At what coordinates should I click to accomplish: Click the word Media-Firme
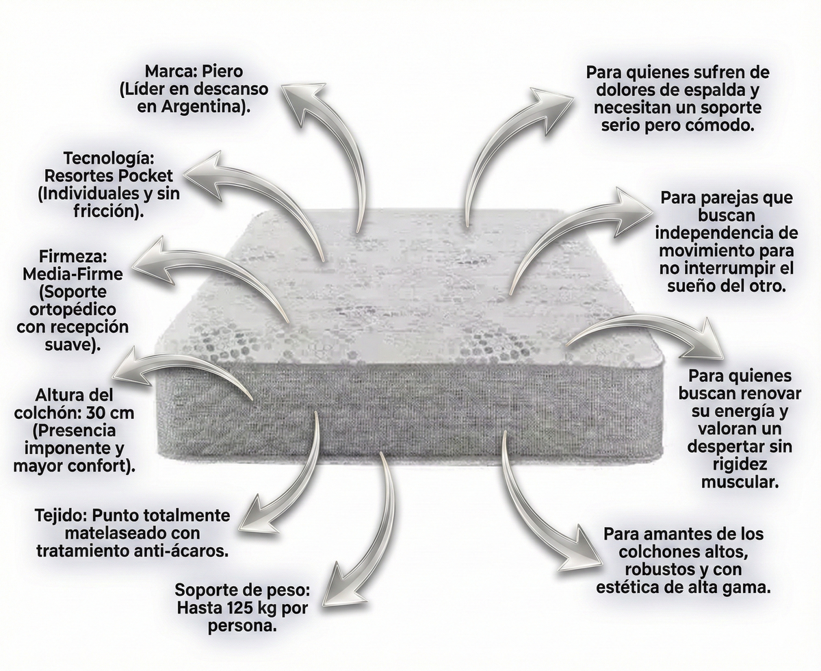tap(73, 275)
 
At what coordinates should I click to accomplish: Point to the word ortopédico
tap(73, 309)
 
